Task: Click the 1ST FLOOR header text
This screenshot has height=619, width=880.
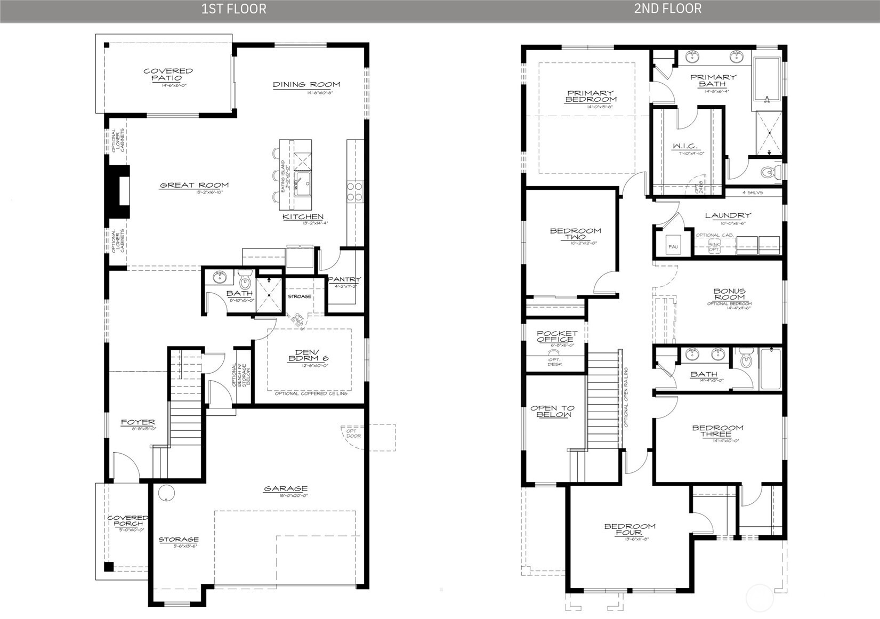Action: coord(233,9)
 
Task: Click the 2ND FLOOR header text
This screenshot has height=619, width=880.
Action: coord(667,9)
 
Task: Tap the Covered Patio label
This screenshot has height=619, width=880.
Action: coord(168,75)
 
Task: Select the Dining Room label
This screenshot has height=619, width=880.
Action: coord(306,85)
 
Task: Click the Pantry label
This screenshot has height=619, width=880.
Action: coord(344,279)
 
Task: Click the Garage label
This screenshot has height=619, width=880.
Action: coord(286,488)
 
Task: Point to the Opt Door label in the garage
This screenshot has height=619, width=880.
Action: coord(353,433)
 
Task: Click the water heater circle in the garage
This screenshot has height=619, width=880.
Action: coord(166,493)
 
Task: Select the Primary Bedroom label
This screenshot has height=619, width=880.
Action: coord(591,96)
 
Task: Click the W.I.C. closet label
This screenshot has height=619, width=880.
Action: coord(684,147)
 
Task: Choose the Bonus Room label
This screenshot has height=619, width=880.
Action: coord(729,294)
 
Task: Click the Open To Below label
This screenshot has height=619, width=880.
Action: coord(553,411)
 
